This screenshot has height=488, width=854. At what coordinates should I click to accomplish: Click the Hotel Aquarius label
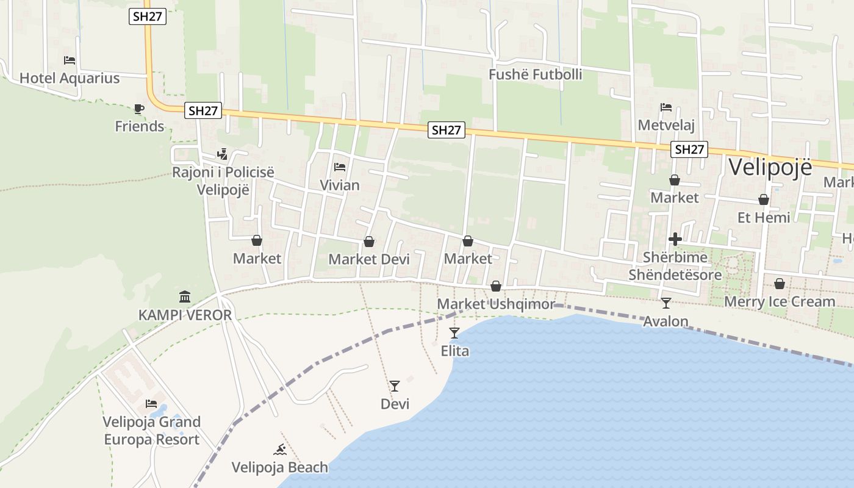(70, 78)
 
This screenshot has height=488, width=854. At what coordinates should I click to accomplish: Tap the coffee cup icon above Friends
(139, 109)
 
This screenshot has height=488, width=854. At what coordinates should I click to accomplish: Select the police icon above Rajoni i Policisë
(223, 154)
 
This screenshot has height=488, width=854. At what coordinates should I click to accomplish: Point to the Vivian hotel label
(340, 185)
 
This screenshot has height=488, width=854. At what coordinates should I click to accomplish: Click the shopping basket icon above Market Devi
(369, 242)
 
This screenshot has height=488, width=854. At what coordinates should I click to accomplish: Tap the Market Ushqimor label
(496, 304)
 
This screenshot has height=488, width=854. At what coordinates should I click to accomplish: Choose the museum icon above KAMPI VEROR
(185, 297)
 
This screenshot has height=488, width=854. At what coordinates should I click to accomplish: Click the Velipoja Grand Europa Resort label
(151, 431)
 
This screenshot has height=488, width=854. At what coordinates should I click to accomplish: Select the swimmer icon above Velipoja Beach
(280, 450)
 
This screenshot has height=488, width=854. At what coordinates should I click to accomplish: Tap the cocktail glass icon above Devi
(395, 386)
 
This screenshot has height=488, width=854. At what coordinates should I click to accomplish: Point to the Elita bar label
(455, 351)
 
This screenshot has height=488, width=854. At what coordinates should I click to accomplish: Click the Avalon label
(666, 321)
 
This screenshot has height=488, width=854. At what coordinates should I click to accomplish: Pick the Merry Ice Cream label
(780, 301)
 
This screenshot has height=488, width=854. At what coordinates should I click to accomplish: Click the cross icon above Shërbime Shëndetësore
(675, 239)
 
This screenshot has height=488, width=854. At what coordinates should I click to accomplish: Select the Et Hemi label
(764, 217)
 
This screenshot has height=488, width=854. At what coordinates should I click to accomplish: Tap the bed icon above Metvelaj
(666, 107)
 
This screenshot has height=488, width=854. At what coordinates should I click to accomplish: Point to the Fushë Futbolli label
(536, 74)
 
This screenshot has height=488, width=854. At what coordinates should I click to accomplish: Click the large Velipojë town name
(770, 167)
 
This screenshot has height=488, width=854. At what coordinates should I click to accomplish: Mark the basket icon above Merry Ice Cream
(780, 284)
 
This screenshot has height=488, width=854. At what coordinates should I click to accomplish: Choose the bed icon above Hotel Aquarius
(70, 60)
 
